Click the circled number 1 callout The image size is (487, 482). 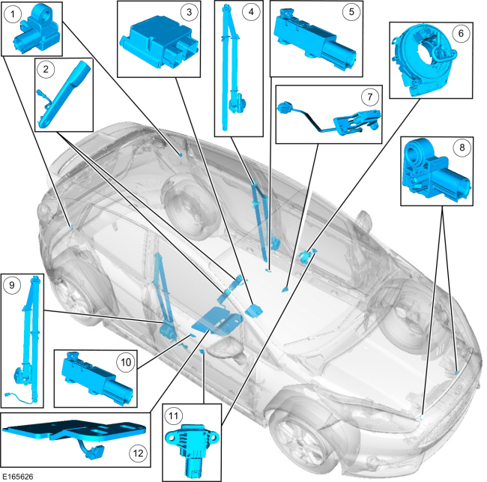13,13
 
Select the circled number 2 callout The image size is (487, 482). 46,70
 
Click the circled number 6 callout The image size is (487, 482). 460,33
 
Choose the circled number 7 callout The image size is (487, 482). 368,97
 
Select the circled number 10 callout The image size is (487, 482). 126,361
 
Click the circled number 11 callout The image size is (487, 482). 172,415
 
